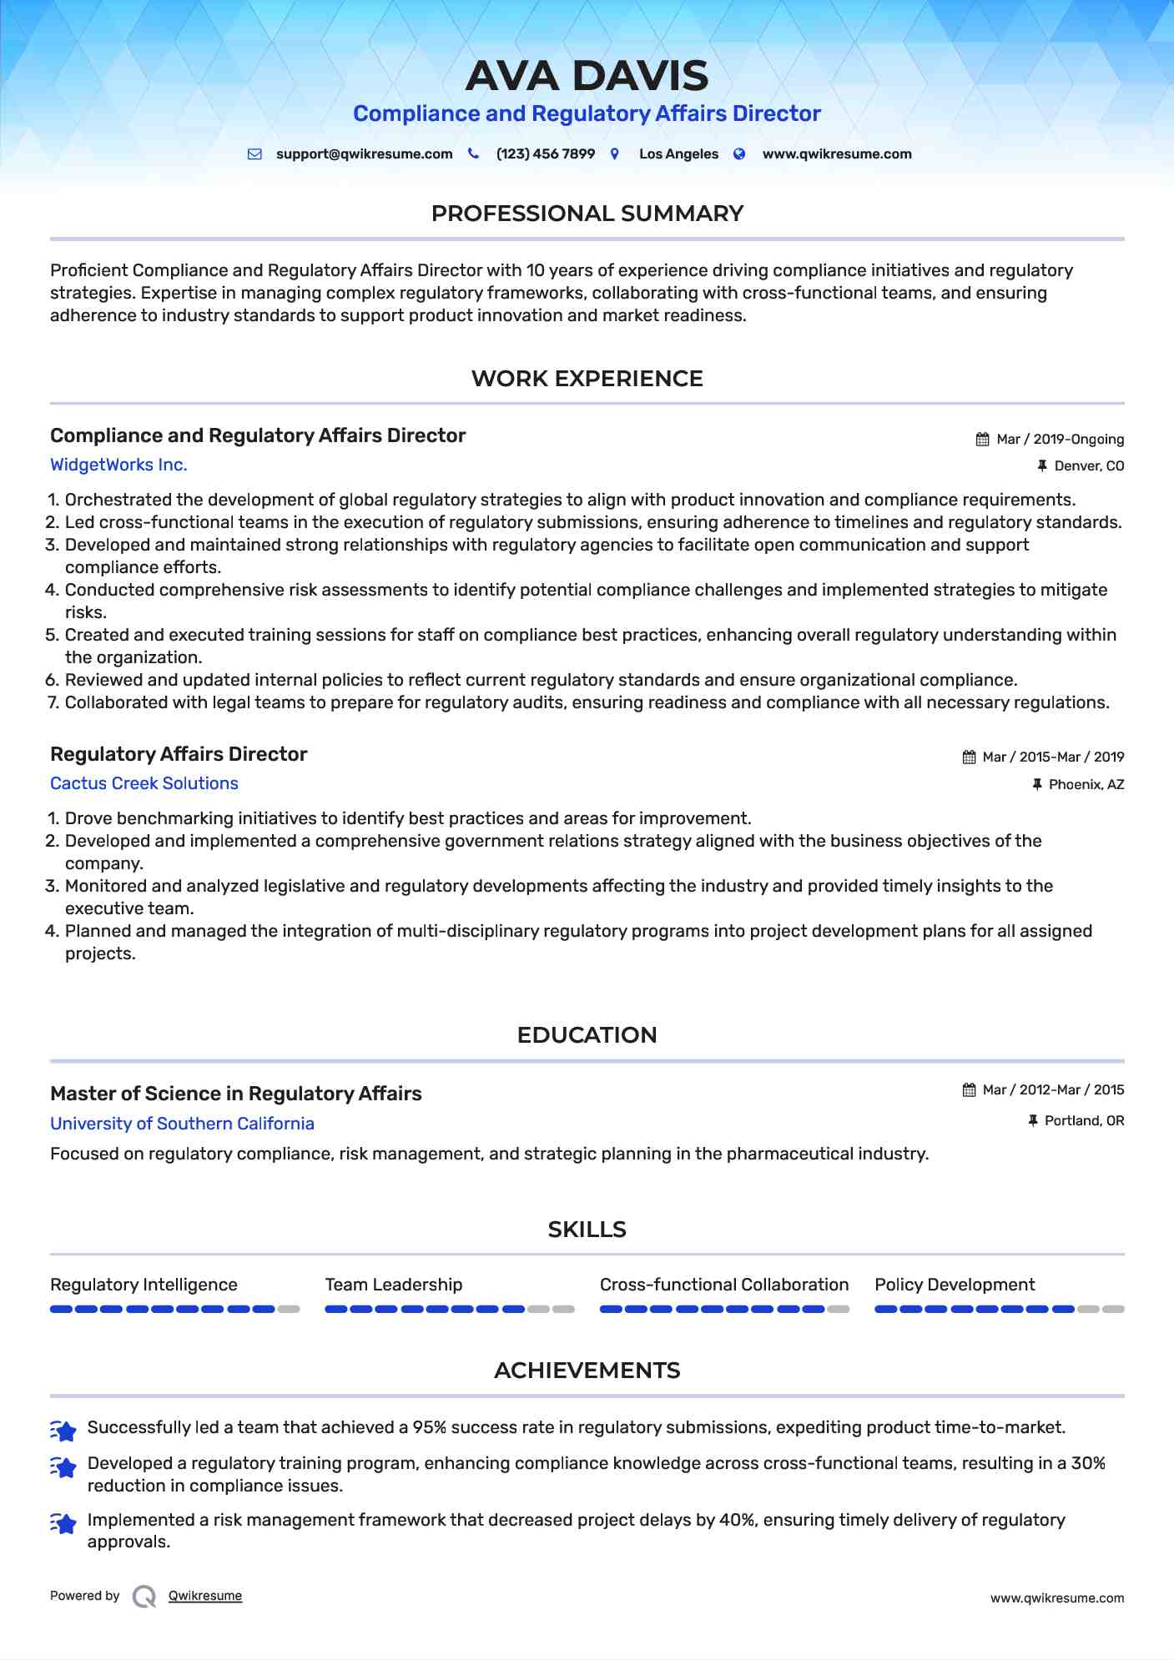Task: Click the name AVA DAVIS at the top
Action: [x=587, y=76]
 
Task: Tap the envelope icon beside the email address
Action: [x=254, y=154]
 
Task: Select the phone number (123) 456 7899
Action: [x=545, y=154]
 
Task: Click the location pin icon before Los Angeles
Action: [x=615, y=154]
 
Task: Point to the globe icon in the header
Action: [x=739, y=154]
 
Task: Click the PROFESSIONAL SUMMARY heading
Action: [x=587, y=214]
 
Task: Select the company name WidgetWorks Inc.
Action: [x=118, y=465]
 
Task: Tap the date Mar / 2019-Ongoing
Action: [x=1060, y=440]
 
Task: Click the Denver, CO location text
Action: [x=1089, y=466]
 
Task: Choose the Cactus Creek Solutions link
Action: [x=144, y=783]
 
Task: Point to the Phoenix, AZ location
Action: [x=1086, y=785]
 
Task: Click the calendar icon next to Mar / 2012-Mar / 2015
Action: [x=969, y=1090]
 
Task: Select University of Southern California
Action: [x=182, y=1124]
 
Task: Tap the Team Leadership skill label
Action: [x=393, y=1285]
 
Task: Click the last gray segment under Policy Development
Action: [x=1113, y=1310]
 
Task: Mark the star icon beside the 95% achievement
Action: [x=63, y=1431]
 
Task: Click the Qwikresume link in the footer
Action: [x=205, y=1596]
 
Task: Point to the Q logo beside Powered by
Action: [x=144, y=1597]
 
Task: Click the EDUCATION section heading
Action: [x=587, y=1035]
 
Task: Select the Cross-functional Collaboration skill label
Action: [x=723, y=1285]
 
